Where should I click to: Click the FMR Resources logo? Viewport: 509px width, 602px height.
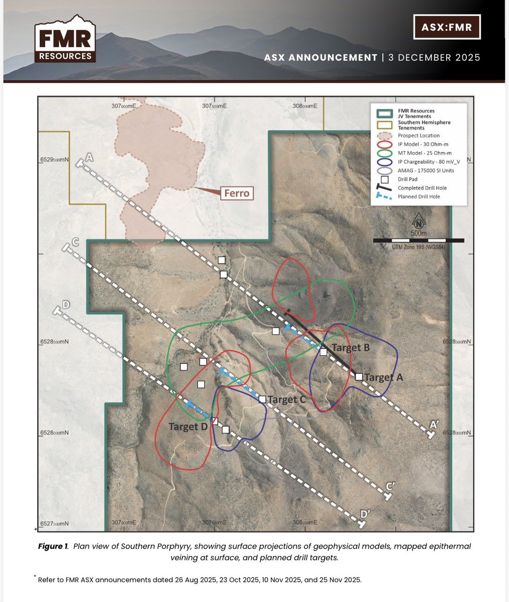(64, 40)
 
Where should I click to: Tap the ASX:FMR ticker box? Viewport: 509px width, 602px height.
(446, 27)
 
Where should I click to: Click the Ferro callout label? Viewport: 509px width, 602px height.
(236, 193)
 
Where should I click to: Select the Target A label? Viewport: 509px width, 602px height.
(384, 377)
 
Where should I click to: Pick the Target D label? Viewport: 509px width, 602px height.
(188, 427)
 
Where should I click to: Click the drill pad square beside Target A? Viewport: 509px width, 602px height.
(359, 377)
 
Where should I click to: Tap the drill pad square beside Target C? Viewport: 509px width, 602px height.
(262, 399)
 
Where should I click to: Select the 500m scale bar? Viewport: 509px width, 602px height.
(418, 240)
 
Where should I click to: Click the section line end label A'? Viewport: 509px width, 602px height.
(434, 425)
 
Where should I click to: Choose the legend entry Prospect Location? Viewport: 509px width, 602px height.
(419, 136)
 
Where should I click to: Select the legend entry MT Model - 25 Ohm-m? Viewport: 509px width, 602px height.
(424, 153)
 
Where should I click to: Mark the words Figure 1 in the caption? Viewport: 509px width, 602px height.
(53, 546)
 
